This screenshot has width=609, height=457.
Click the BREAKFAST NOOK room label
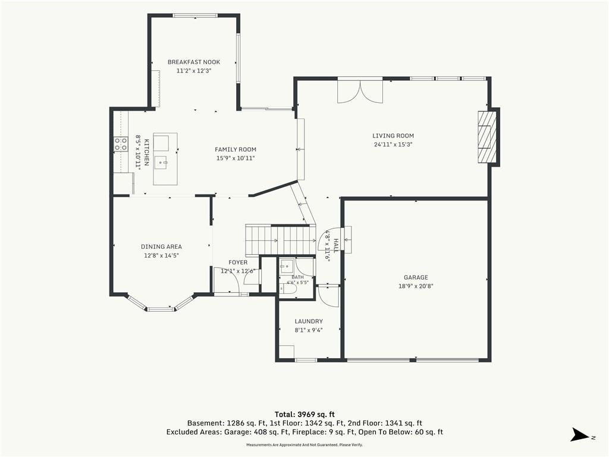[x=194, y=62]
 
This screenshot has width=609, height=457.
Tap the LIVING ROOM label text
[x=393, y=136]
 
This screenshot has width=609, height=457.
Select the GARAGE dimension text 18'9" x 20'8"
[x=416, y=286]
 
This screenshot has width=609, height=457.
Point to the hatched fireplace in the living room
[x=487, y=137]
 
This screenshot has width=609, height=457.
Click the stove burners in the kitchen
[x=121, y=144]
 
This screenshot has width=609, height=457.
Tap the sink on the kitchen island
[x=161, y=162]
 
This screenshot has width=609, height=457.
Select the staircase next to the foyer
[x=281, y=239]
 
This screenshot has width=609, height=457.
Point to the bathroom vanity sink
[x=287, y=267]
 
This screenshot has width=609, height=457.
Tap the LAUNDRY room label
[x=309, y=321]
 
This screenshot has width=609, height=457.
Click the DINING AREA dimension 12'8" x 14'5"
[x=162, y=255]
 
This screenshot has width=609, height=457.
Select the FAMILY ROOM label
[x=236, y=149]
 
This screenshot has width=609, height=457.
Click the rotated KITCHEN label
[x=147, y=152]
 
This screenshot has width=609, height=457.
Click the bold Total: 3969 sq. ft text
[x=304, y=414]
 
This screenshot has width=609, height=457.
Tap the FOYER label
[x=238, y=262]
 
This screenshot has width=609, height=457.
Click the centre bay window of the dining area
[x=160, y=309]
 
